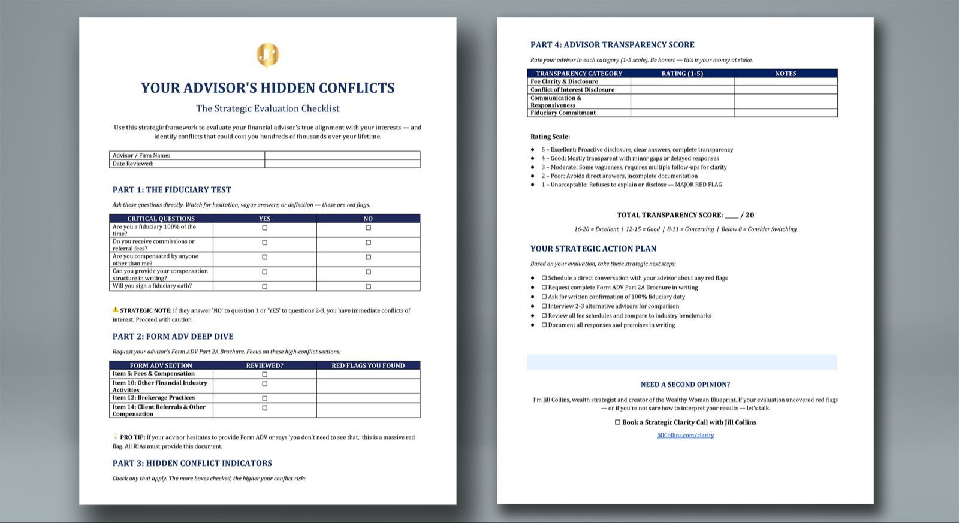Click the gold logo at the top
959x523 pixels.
[268, 55]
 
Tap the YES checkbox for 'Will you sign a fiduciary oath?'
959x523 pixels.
[265, 286]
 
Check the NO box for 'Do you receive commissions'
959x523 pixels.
[368, 243]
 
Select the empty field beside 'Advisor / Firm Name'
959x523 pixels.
[342, 155]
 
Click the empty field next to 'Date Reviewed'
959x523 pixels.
[342, 164]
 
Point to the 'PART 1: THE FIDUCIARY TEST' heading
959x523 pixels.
[171, 189]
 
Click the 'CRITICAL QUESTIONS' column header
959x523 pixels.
[161, 219]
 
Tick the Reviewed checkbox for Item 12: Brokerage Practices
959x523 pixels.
[265, 398]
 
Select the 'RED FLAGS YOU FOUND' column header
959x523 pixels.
[368, 365]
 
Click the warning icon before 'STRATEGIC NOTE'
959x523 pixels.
[116, 310]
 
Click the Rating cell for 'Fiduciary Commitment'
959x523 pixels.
[682, 113]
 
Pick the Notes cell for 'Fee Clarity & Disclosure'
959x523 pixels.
[785, 81]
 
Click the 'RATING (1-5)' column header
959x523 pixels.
[682, 74]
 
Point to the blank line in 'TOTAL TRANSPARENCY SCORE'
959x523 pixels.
[731, 215]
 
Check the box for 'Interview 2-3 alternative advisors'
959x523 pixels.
[544, 306]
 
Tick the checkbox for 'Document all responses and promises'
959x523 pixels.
[544, 325]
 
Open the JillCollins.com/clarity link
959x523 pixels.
[685, 435]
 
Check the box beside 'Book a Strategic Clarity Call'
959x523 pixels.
[617, 422]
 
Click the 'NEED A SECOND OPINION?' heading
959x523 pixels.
[685, 385]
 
